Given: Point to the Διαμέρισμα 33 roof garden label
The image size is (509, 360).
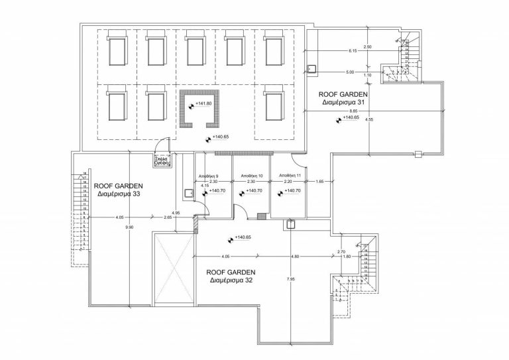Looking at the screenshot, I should click(117, 195).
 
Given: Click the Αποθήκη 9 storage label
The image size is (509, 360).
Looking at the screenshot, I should click(209, 175).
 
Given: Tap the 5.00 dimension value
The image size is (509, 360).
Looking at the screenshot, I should click(349, 72).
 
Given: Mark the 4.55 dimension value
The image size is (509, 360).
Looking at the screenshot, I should click(369, 120).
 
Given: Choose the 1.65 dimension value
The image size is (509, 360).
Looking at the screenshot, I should click(320, 182).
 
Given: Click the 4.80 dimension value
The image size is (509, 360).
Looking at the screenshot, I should click(295, 257).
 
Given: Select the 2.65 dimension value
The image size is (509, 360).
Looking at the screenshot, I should click(168, 217).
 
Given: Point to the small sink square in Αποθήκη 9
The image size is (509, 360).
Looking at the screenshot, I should click(190, 193).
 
